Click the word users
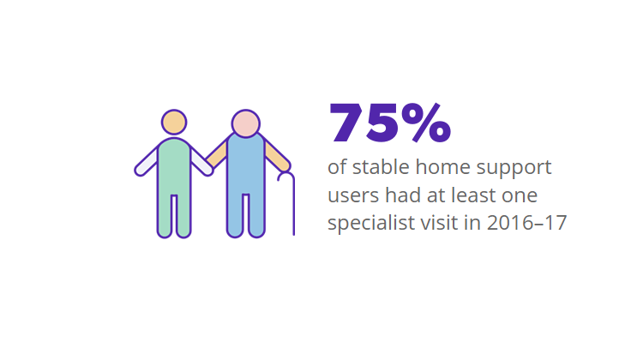(352, 195)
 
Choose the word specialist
(370, 223)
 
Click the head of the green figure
(174, 122)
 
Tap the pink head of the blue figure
(245, 123)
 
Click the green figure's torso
(174, 167)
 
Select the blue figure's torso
(245, 167)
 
